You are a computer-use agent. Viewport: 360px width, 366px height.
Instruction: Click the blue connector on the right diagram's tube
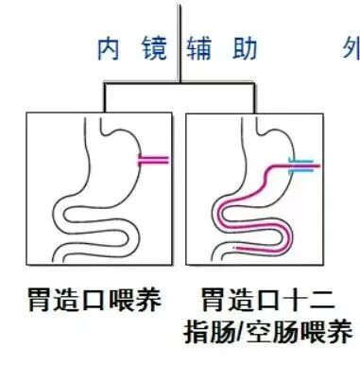[x=300, y=168]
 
